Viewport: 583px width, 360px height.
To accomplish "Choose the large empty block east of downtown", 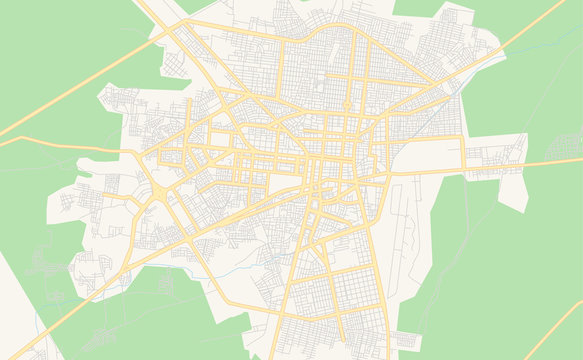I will coord(430,155).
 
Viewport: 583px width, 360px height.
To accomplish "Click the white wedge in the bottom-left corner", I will coord(15,300).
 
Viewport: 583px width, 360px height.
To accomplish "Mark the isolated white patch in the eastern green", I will coord(513,190).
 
